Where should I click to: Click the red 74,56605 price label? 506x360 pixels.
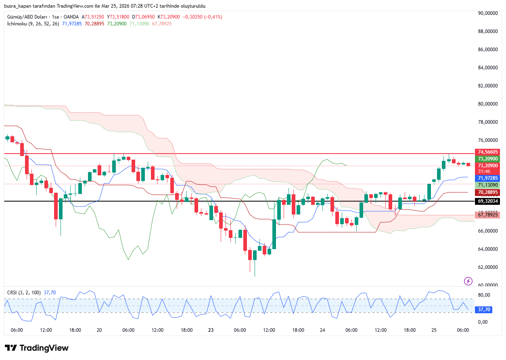tap(488, 152)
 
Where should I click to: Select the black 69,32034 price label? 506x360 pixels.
tap(488, 201)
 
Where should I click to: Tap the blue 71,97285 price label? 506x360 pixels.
tap(488, 178)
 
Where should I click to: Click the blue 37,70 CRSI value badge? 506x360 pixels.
tap(484, 310)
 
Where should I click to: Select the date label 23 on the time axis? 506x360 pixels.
tap(211, 330)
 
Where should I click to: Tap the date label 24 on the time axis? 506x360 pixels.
tap(322, 330)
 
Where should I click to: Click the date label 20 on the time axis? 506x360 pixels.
tap(99, 330)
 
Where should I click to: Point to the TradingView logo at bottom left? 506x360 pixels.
tap(37, 348)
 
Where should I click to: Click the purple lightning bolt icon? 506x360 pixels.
tap(468, 281)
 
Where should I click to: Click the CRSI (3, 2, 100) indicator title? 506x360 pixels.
tap(24, 292)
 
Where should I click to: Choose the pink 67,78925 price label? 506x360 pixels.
tap(488, 215)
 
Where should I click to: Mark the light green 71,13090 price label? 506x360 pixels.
tap(488, 185)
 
